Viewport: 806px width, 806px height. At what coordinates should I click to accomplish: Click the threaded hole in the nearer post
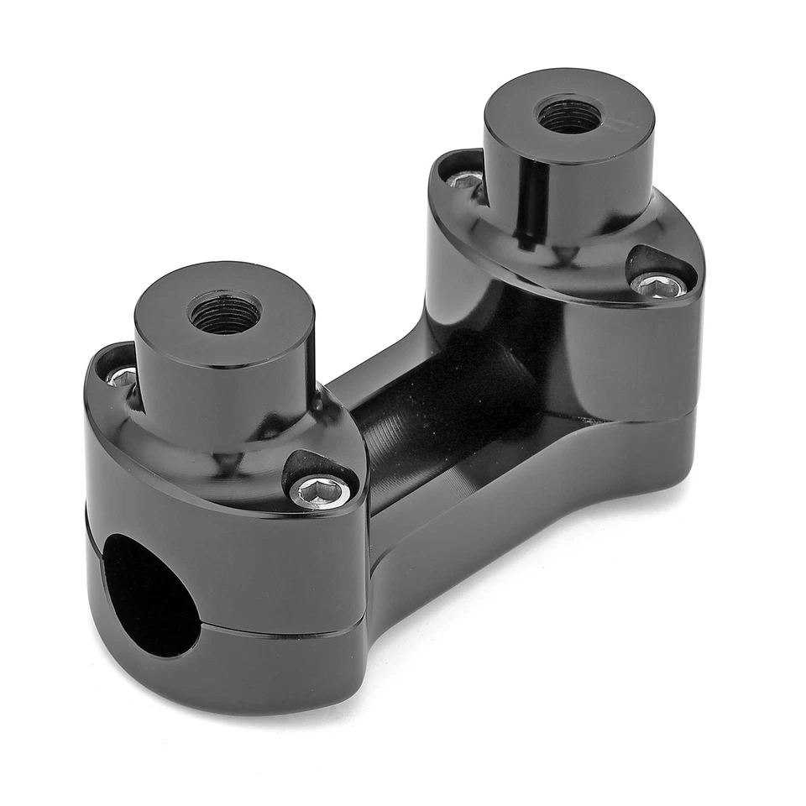point(224,313)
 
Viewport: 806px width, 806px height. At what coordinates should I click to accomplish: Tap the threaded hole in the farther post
point(569,115)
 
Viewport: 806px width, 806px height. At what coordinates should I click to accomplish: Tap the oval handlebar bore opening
point(149,594)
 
